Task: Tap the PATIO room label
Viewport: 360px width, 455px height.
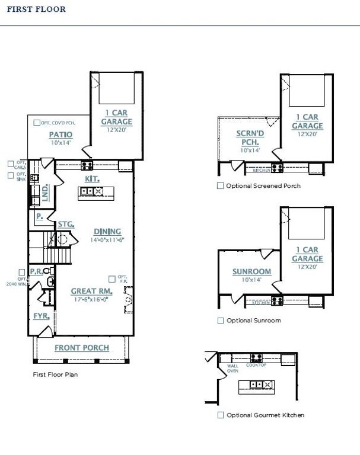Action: tap(60, 134)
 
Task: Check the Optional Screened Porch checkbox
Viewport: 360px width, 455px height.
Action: tap(221, 185)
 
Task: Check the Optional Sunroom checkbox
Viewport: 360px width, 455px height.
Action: tap(221, 321)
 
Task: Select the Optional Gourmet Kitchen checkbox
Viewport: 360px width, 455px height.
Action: tap(221, 415)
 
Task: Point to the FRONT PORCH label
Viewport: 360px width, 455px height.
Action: tap(82, 348)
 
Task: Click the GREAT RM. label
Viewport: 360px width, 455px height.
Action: tap(91, 291)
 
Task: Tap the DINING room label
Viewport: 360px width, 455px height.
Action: tap(107, 231)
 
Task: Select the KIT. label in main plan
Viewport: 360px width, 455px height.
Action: tap(92, 178)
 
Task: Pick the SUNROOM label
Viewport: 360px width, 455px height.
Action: tap(251, 272)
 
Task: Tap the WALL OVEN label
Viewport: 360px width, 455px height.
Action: tap(232, 369)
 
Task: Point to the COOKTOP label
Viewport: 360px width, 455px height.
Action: tap(257, 365)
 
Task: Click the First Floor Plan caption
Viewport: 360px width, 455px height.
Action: tap(55, 374)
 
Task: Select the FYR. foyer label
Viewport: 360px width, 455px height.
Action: tap(41, 316)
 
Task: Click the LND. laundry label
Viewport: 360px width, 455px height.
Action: tap(44, 191)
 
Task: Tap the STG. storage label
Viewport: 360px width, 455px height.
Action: tap(66, 225)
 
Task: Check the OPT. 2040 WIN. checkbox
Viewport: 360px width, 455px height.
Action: tap(21, 272)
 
